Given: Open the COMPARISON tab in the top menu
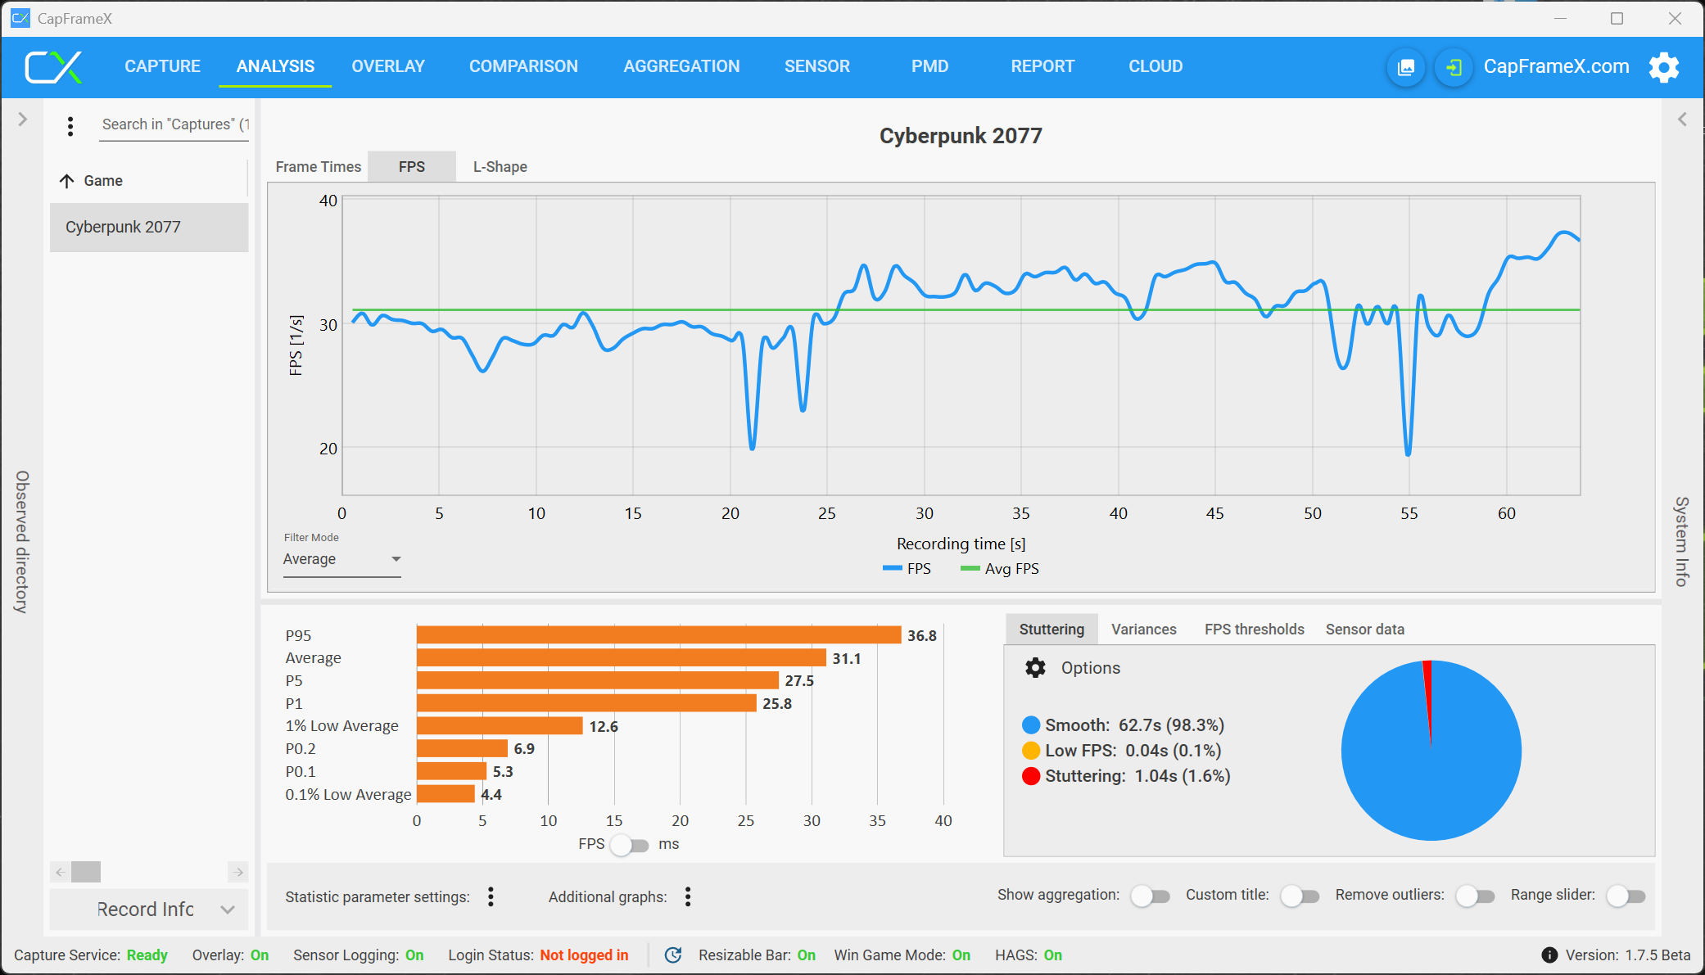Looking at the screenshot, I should point(523,66).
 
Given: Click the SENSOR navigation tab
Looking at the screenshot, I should point(816,66).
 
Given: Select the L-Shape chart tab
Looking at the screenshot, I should point(500,167).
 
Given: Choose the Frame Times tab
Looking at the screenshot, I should point(318,167).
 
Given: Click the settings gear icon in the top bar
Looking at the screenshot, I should point(1663,67).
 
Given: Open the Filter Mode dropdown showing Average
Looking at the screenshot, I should point(341,559).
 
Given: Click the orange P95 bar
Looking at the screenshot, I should point(658,635).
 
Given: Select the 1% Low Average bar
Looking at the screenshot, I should point(500,726).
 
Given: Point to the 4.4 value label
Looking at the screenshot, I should point(491,795).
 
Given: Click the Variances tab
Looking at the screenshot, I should point(1143,630).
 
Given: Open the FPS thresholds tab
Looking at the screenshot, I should point(1254,630).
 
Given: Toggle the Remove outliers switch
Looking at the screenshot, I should point(1475,896).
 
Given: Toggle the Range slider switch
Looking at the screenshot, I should point(1626,896).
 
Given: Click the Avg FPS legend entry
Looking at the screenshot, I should point(1000,569).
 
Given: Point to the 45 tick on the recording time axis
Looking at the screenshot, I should point(1214,513).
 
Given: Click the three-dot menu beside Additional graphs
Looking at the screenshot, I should point(688,897).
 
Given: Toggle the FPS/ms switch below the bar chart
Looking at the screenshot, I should point(630,845).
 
